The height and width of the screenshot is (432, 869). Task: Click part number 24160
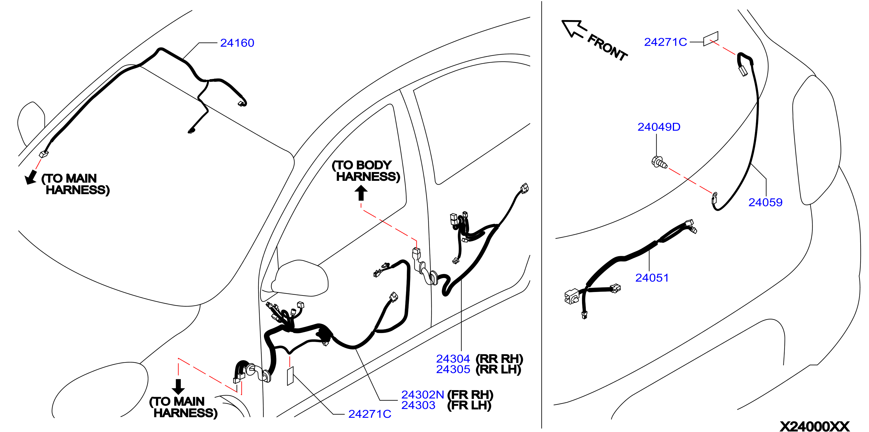[237, 43]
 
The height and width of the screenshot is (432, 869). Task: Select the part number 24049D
[659, 127]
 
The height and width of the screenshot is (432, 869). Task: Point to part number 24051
[652, 278]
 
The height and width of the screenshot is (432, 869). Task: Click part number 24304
[453, 358]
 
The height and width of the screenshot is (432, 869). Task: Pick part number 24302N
[422, 394]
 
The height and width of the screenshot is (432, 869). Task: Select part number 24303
[418, 405]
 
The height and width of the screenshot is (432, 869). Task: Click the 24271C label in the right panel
[666, 42]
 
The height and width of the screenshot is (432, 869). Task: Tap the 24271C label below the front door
[370, 414]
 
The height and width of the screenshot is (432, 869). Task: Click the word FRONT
[607, 47]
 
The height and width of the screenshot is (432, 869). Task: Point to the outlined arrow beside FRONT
[574, 29]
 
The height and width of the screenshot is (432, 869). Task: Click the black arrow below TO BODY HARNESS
[361, 193]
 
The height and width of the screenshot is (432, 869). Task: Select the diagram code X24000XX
[814, 426]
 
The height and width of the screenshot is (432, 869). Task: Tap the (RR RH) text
[499, 358]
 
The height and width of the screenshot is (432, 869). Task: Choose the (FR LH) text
[469, 405]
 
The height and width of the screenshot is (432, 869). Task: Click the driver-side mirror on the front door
[299, 278]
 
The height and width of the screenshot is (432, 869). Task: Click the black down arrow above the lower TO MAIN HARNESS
[178, 387]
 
